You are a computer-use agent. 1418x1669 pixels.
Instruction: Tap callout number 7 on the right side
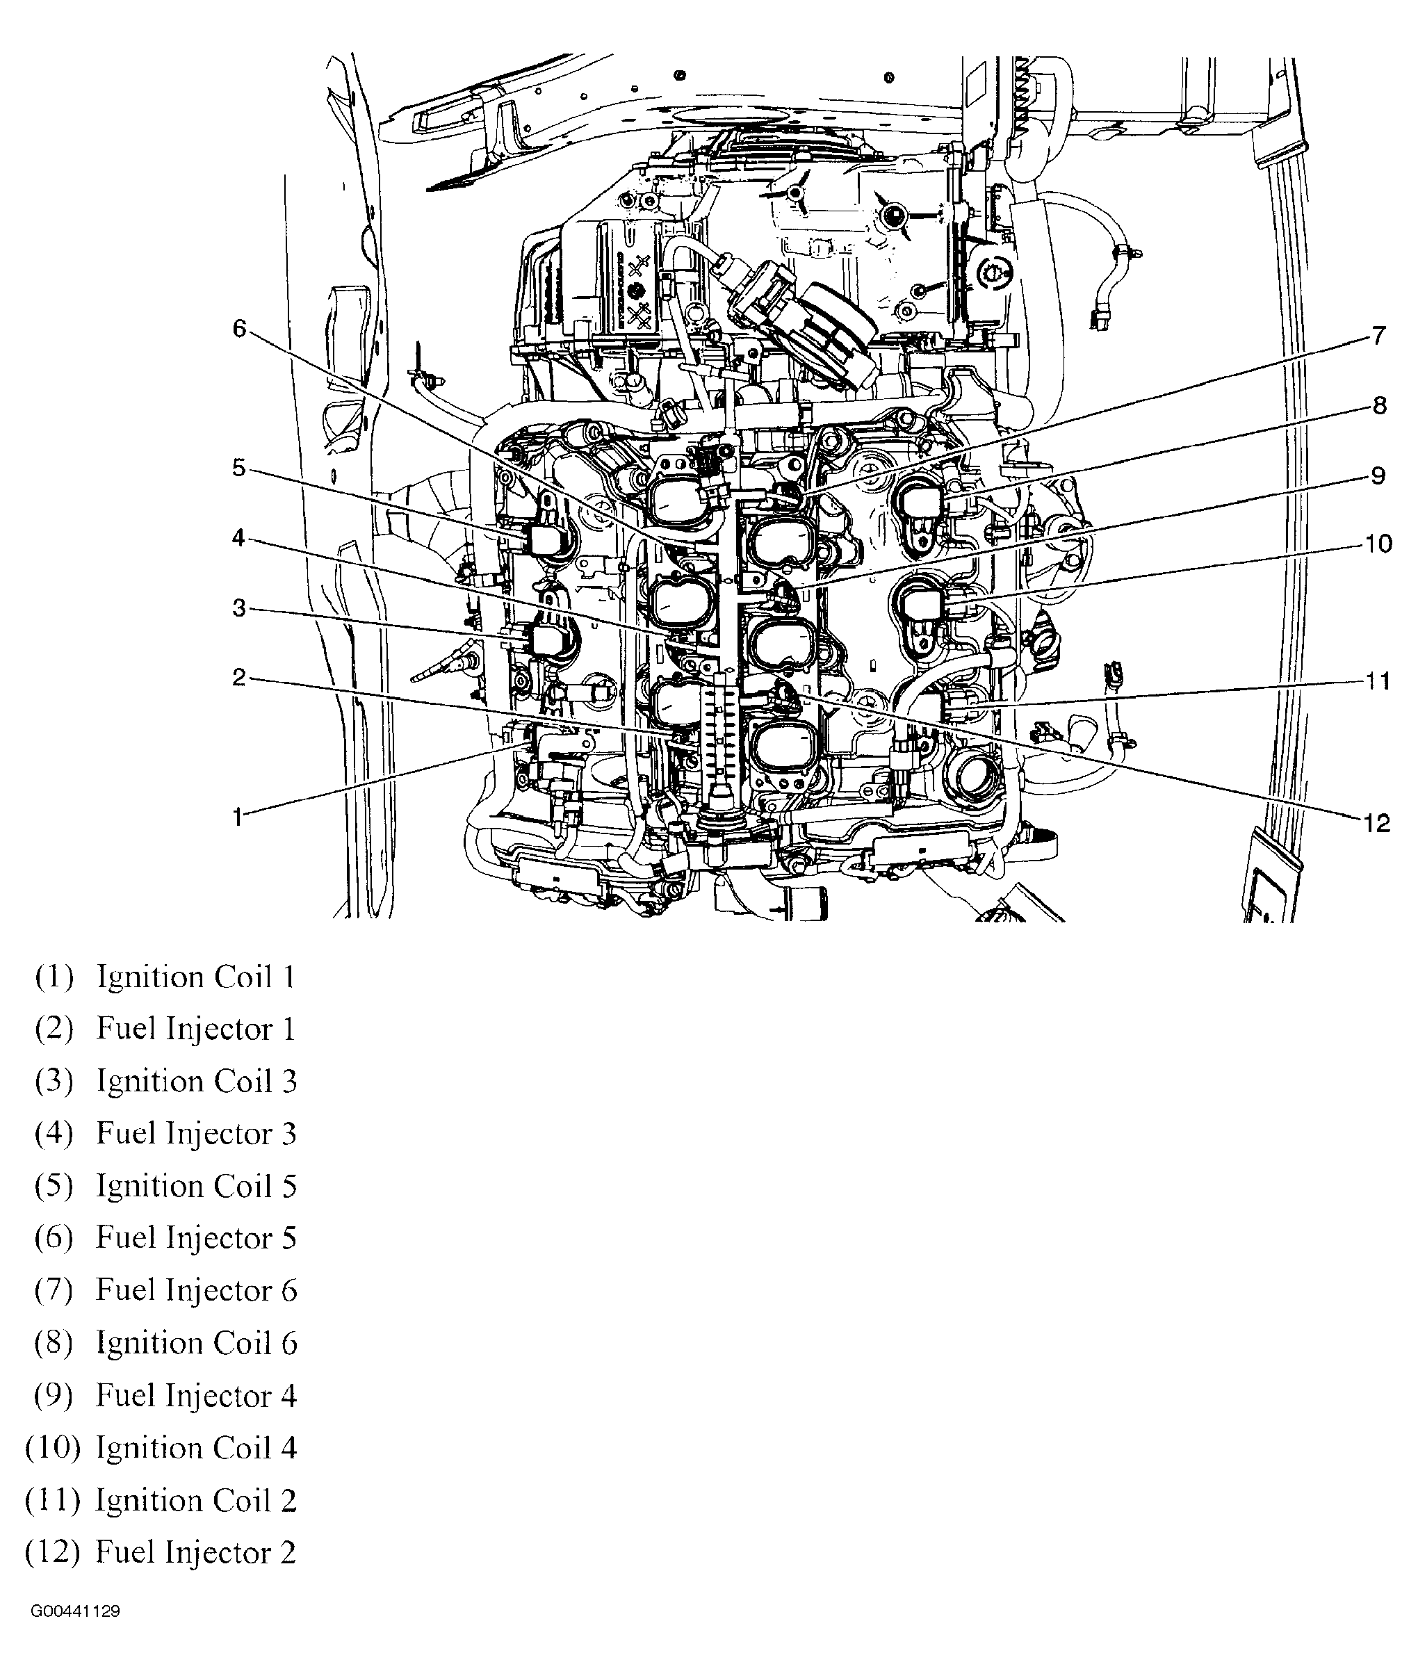[x=1378, y=335]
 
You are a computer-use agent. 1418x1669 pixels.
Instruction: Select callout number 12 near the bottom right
[x=1376, y=822]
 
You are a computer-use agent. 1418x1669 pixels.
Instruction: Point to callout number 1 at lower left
[x=237, y=817]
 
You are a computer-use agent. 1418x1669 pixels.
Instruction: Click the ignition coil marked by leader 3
[x=549, y=640]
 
